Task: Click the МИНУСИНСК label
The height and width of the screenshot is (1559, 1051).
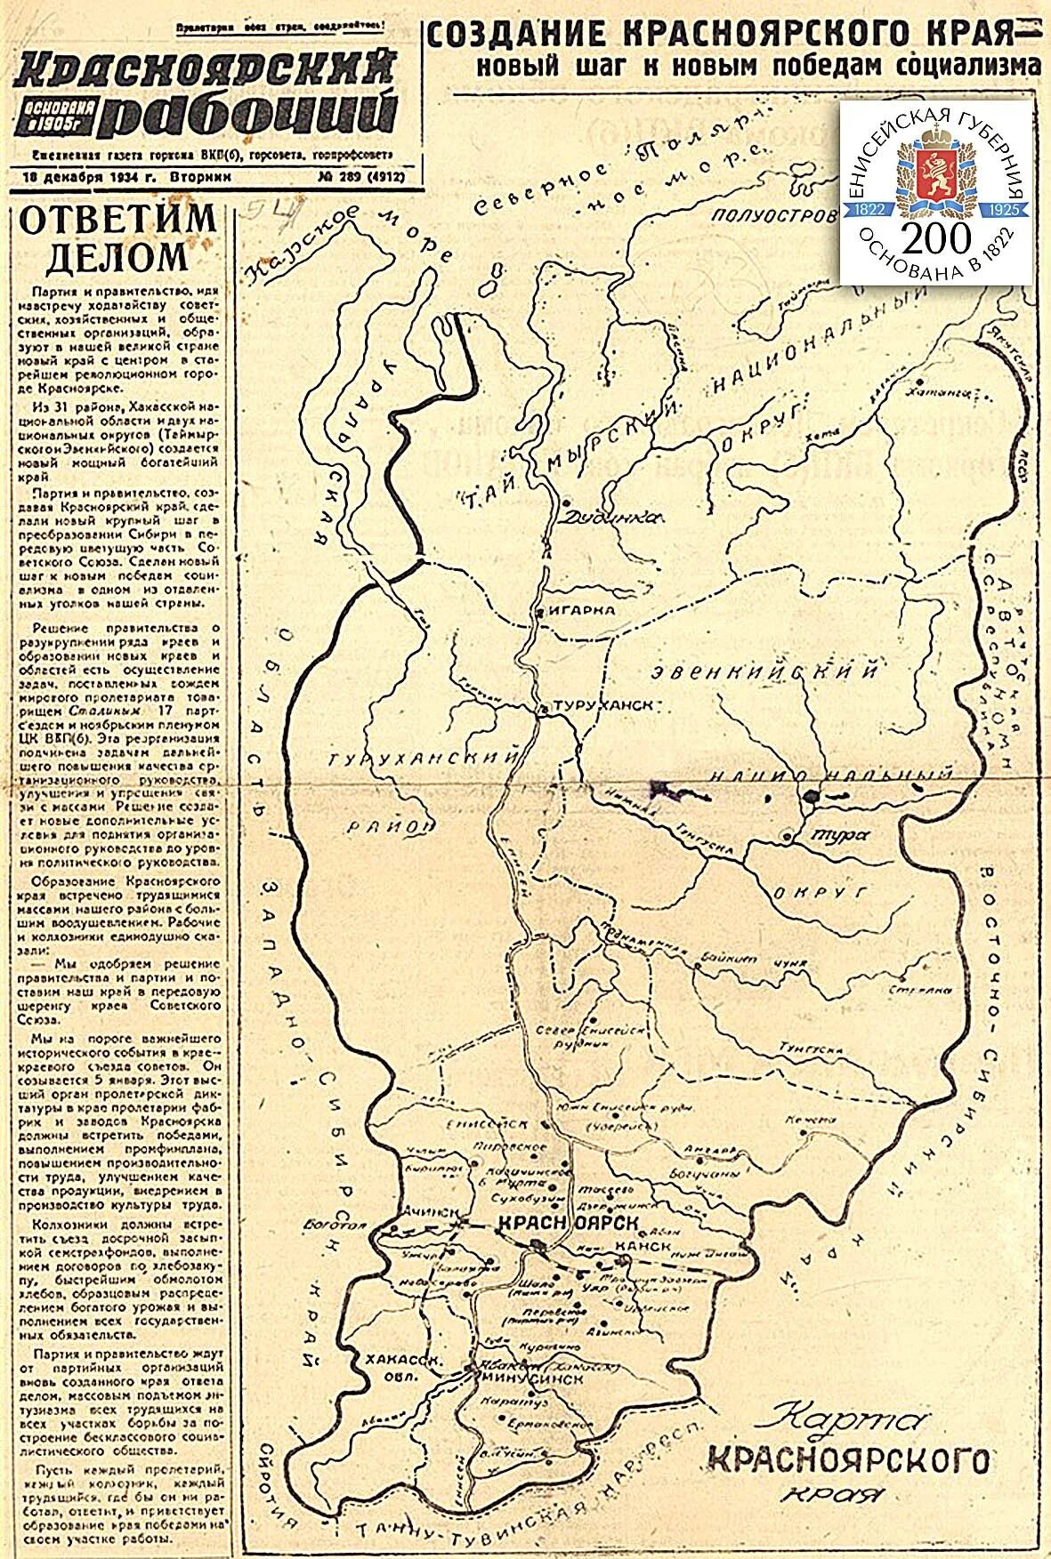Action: (531, 1379)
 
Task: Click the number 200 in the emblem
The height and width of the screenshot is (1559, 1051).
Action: (934, 237)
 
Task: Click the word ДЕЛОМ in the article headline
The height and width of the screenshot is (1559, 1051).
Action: (117, 257)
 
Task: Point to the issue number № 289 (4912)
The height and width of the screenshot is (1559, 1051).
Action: (360, 177)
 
